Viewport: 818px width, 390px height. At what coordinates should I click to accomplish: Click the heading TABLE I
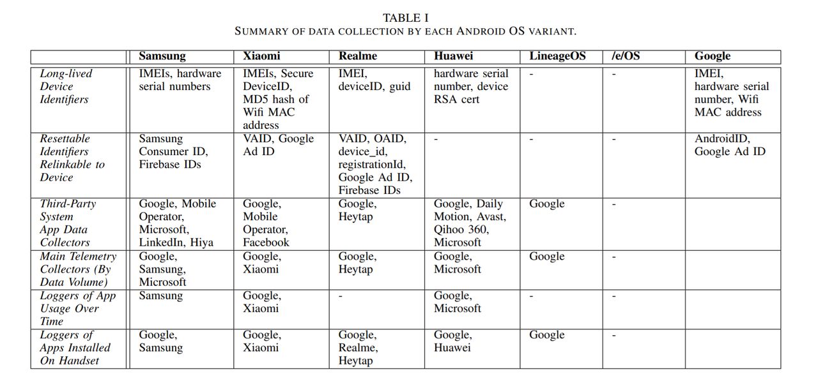pos(406,17)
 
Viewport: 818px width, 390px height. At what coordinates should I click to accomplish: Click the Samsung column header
pos(162,56)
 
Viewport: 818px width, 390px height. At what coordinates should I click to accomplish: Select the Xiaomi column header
pos(261,56)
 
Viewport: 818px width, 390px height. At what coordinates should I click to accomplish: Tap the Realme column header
pos(358,56)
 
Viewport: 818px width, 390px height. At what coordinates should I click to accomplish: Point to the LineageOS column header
pos(557,56)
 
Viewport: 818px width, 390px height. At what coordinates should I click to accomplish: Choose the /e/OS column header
pos(626,56)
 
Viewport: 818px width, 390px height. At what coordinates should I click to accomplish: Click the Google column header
pos(713,56)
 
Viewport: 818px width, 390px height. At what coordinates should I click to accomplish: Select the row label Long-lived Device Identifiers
pos(66,86)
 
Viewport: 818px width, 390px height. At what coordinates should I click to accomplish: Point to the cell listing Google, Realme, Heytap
pos(358,348)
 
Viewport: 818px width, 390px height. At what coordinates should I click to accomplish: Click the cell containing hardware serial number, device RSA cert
pos(471,86)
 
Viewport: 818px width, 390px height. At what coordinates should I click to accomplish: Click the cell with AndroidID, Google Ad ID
pos(730,145)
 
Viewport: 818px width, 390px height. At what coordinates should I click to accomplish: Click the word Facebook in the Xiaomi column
pos(266,243)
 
